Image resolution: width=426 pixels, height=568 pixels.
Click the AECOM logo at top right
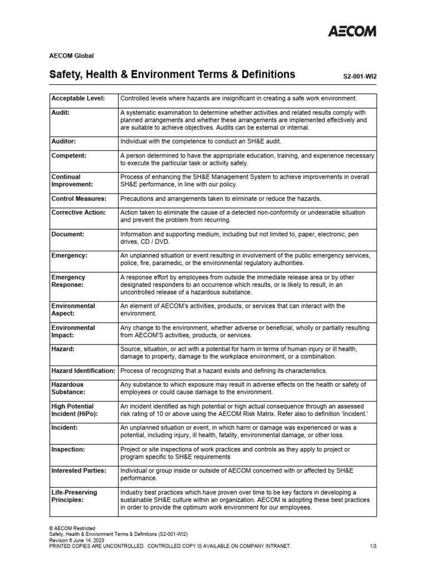pyautogui.click(x=351, y=31)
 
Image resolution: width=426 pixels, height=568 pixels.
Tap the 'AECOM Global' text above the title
pyautogui.click(x=72, y=55)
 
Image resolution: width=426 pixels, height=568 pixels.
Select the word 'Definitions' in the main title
pyautogui.click(x=265, y=74)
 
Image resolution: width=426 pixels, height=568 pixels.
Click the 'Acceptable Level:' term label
pyautogui.click(x=78, y=98)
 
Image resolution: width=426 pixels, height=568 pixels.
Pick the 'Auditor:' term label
pyautogui.click(x=64, y=141)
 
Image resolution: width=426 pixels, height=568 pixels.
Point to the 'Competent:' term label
pyautogui.click(x=69, y=156)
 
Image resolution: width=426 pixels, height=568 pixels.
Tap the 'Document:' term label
pyautogui.click(x=68, y=234)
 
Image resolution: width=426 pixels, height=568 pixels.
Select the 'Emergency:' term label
pyautogui.click(x=69, y=255)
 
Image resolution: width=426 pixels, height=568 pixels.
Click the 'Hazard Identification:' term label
pyautogui.click(x=83, y=370)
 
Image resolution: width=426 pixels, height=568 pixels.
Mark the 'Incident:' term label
pyautogui.click(x=65, y=428)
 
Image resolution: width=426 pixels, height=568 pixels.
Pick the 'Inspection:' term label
pyautogui.click(x=68, y=449)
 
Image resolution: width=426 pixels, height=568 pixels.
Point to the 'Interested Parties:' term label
pyautogui.click(x=78, y=470)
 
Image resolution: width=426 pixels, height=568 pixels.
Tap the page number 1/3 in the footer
pyautogui.click(x=373, y=546)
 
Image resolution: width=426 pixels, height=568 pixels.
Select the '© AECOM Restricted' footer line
pyautogui.click(x=73, y=528)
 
